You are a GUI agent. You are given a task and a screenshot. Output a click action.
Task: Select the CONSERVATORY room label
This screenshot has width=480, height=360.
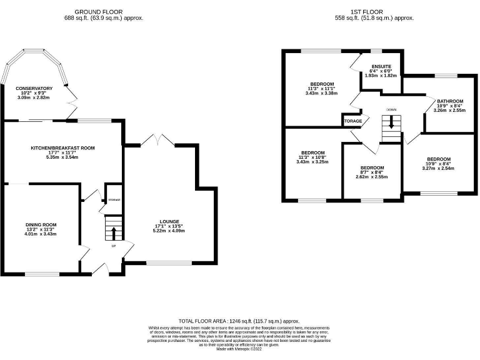pos(34,89)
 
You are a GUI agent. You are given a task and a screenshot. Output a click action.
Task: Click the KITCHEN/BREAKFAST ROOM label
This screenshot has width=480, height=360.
pos(62,148)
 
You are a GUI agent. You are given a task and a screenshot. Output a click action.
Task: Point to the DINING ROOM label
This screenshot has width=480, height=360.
pos(41,225)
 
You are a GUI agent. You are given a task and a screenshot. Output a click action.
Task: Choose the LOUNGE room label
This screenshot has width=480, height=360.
pos(169,222)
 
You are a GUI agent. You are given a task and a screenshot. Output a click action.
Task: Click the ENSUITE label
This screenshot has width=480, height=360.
pos(381,66)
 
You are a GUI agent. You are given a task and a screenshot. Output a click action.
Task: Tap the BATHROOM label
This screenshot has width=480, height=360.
pos(449,101)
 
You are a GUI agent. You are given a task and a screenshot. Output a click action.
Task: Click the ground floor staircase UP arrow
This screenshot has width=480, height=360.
pos(114,233)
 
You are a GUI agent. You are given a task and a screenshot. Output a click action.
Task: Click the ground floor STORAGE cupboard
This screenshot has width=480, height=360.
pos(114,199)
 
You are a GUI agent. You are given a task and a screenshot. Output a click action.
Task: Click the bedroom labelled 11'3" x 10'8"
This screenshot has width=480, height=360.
pos(312,153)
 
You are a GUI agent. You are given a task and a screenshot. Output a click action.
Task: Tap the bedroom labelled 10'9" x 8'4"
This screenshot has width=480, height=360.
pos(438,159)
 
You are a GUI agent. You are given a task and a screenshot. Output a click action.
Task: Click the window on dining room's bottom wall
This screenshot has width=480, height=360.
pos(42,274)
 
